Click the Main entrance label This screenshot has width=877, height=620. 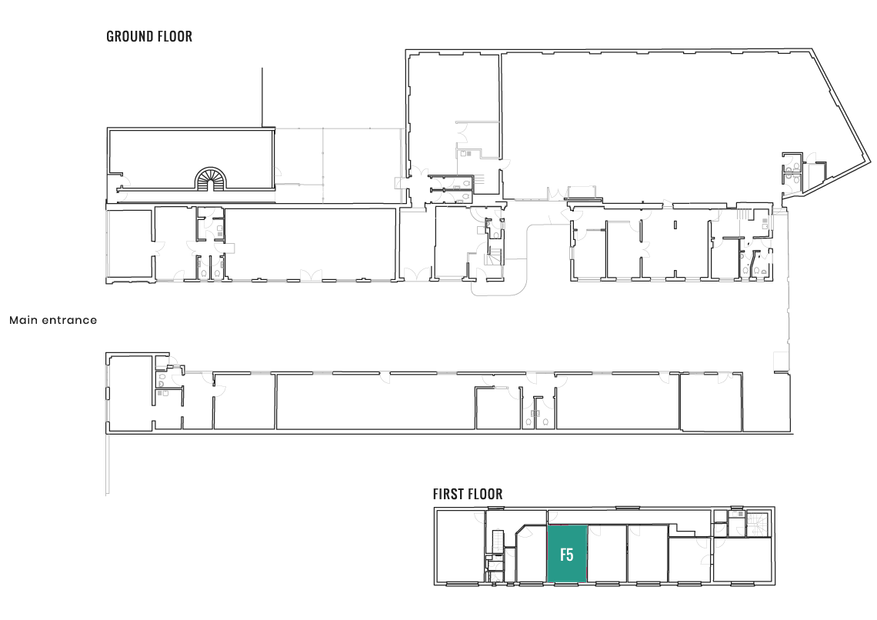click(x=53, y=320)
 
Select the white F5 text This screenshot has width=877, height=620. click(x=566, y=555)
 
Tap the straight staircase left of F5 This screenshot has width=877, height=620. click(x=499, y=542)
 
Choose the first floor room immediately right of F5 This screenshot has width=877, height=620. click(x=607, y=554)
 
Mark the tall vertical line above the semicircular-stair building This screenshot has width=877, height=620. click(x=262, y=97)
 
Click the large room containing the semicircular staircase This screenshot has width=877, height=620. click(x=191, y=159)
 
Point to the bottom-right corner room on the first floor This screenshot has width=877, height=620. click(x=743, y=560)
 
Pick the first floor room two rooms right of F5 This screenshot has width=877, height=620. click(x=648, y=554)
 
